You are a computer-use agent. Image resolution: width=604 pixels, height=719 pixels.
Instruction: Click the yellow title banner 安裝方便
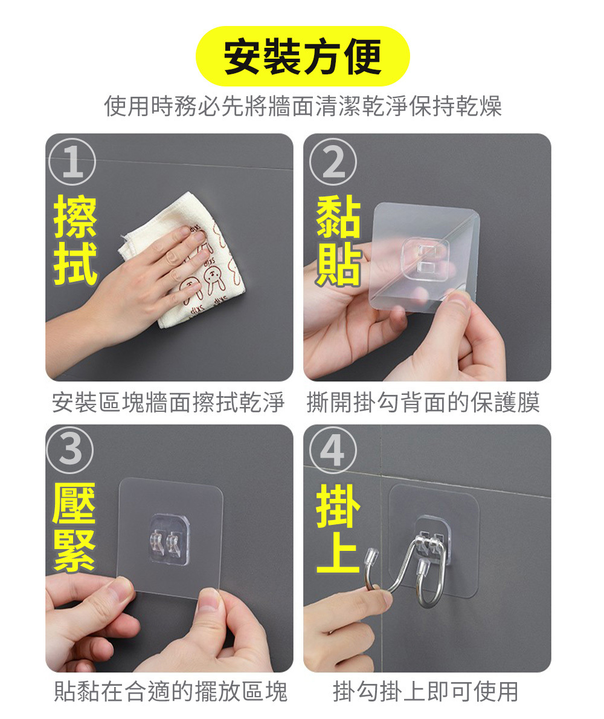click(x=302, y=56)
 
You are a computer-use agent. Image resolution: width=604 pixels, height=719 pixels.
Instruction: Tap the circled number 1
click(x=72, y=161)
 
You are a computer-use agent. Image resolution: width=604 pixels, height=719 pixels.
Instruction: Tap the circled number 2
click(x=333, y=161)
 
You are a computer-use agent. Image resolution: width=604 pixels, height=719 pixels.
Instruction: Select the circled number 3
click(x=71, y=450)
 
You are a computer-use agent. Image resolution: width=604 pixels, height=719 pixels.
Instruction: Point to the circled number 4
click(x=333, y=450)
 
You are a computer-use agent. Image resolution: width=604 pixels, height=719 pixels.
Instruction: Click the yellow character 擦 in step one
click(x=75, y=216)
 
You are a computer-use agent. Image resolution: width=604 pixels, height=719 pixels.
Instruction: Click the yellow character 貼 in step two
click(x=339, y=264)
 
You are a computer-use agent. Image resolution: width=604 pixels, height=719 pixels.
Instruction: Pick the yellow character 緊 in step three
click(x=74, y=551)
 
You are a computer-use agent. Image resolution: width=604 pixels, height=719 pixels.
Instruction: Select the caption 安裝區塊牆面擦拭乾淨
click(x=168, y=403)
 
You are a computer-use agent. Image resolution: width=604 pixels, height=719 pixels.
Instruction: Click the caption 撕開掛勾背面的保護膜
click(x=423, y=403)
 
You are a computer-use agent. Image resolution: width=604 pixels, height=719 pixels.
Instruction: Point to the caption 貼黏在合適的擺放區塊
click(x=170, y=692)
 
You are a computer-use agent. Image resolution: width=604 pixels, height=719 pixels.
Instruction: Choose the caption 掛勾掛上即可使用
click(x=425, y=692)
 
